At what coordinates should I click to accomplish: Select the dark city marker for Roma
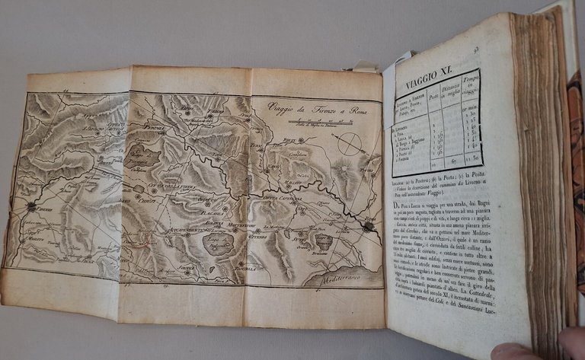[x=369, y=225]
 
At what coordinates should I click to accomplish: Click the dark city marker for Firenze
[x=31, y=206]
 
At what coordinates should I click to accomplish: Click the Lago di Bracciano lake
[x=322, y=242]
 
